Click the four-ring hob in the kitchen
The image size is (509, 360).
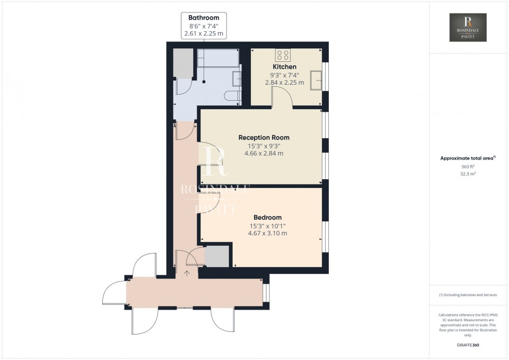[x=284, y=55]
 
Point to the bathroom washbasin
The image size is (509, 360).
[x=236, y=78]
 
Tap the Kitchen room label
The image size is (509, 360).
[x=285, y=66]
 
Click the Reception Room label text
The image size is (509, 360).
[x=264, y=138]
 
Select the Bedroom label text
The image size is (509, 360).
[x=267, y=217]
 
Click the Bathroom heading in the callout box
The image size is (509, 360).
[x=204, y=18]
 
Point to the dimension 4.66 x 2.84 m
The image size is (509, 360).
[x=264, y=153]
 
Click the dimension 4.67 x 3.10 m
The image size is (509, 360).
[x=267, y=233]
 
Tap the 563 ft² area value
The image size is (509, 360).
[x=468, y=166]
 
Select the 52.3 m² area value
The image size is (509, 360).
[x=468, y=174]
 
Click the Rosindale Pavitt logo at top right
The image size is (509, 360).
[x=468, y=28]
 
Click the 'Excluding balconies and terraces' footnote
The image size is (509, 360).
[x=468, y=295]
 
